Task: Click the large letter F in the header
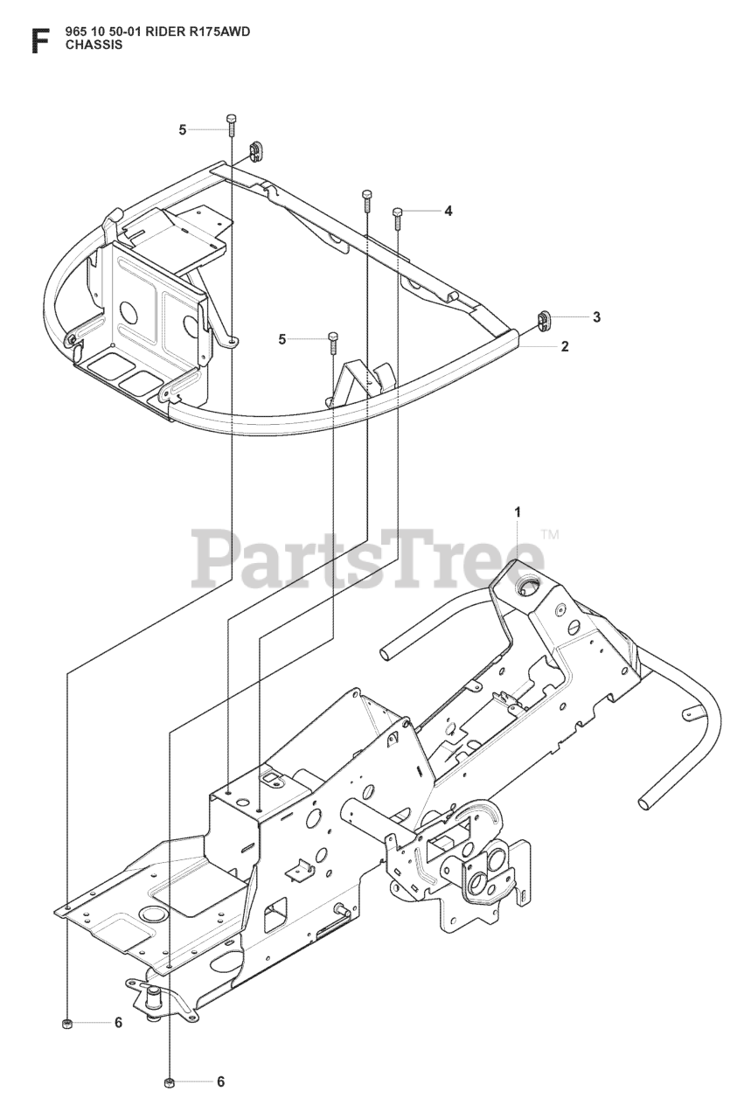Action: click(x=38, y=41)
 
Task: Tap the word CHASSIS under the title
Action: click(x=94, y=46)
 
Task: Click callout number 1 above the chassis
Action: click(x=518, y=511)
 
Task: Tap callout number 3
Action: click(x=596, y=317)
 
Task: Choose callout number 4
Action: click(x=448, y=211)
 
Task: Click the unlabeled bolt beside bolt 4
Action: click(x=366, y=199)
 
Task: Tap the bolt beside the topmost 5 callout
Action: click(x=231, y=123)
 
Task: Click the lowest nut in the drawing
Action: click(x=170, y=1084)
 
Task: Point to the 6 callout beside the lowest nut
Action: click(x=220, y=1081)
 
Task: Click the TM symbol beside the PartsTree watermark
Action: click(x=550, y=534)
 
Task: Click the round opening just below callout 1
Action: click(x=527, y=588)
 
